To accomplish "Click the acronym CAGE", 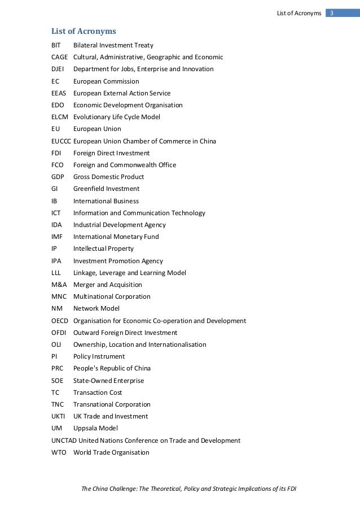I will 60,57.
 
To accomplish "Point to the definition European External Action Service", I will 122,93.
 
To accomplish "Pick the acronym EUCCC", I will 62,141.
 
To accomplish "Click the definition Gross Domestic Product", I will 108,177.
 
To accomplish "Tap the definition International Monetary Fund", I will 116,237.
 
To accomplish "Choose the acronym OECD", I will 60,321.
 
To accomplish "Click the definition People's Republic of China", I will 112,369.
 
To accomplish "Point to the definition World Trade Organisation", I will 111,452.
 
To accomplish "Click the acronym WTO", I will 59,452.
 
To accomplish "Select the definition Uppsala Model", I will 95,429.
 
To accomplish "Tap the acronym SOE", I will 58,381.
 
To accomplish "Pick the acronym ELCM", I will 59,117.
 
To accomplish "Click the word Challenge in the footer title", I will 124,488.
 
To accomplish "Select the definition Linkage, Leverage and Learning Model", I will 129,273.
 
